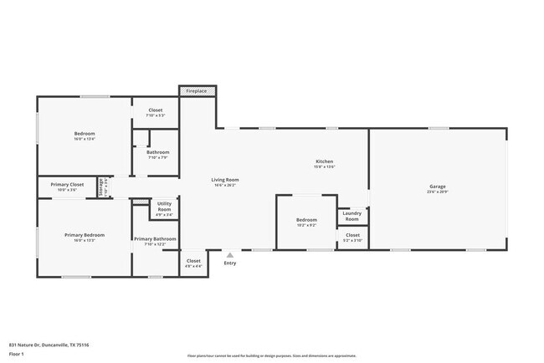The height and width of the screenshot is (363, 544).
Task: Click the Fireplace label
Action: pos(197,90)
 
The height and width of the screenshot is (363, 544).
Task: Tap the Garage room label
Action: pos(437,187)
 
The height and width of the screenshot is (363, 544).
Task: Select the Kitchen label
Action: pos(324,161)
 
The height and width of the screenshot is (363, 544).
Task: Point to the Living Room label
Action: pos(224,180)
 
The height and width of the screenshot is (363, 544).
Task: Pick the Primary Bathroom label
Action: pos(155,239)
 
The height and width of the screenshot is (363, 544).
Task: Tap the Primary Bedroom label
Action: pos(85,235)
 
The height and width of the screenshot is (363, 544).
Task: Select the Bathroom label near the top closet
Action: pos(158,152)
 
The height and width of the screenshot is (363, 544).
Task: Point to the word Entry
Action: pos(230,263)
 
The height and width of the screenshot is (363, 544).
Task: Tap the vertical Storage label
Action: pos(101,187)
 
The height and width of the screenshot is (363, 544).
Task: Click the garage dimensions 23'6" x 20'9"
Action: pos(437,192)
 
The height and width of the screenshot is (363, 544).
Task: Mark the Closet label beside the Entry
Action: pos(193,261)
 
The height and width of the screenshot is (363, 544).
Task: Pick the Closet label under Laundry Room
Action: pos(352,235)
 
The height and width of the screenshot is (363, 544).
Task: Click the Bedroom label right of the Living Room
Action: pos(306,220)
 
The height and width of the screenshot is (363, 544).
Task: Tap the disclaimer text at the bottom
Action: pos(272,355)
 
